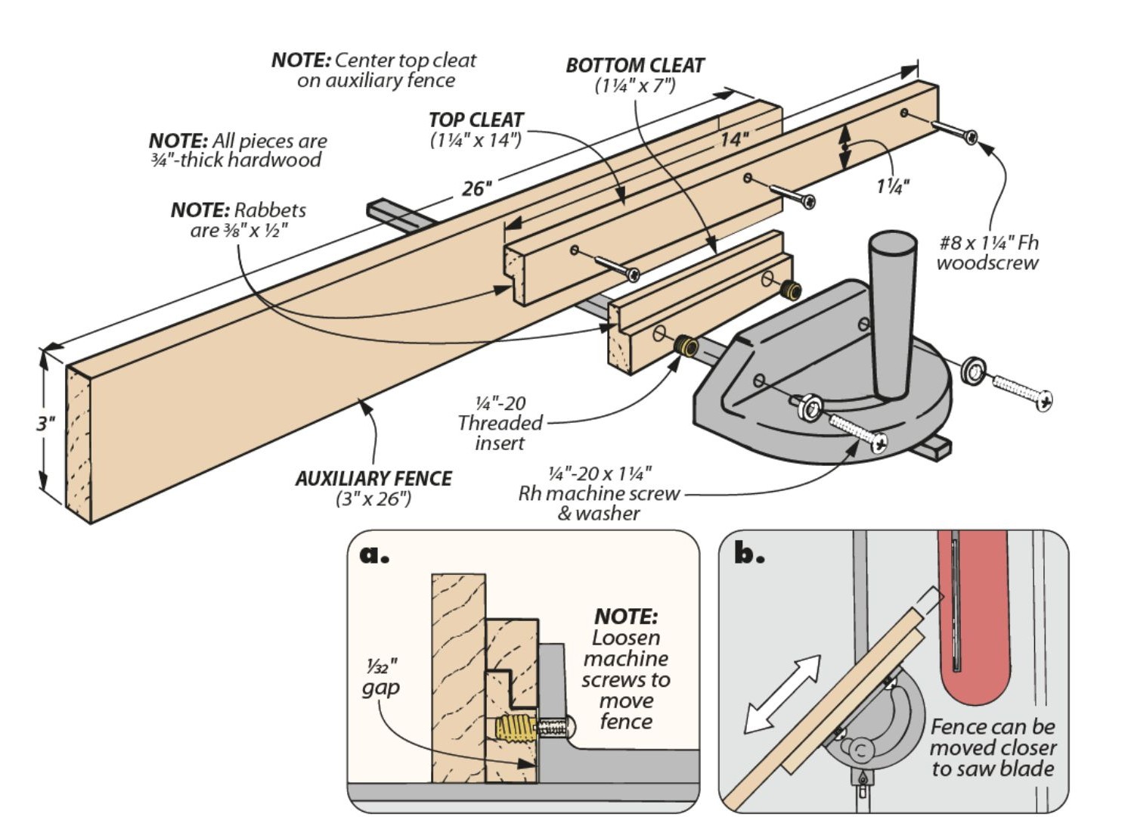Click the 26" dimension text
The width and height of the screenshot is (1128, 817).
click(477, 188)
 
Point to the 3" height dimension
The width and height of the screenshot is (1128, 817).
click(46, 423)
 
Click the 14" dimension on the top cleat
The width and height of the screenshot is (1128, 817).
click(733, 139)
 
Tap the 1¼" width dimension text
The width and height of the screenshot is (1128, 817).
click(892, 186)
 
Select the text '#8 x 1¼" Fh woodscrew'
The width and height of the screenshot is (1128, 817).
click(987, 253)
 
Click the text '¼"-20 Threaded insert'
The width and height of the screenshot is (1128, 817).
click(500, 423)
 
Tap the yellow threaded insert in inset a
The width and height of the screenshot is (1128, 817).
click(513, 729)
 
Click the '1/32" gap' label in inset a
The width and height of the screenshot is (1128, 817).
click(381, 677)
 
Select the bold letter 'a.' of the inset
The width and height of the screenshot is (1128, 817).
click(374, 555)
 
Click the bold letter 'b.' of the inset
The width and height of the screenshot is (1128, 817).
click(748, 555)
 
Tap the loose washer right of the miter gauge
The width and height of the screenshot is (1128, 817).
click(973, 371)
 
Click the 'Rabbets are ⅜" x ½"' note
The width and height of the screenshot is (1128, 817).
click(238, 219)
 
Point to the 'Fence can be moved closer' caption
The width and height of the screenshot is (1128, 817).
click(992, 747)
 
